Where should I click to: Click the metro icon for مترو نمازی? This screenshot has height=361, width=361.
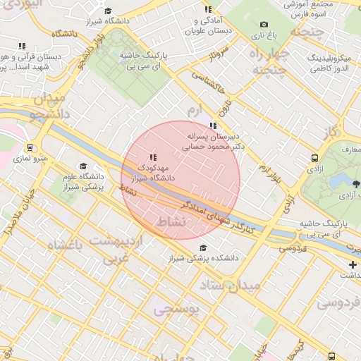click(30, 148)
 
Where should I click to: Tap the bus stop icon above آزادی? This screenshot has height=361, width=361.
click(314, 159)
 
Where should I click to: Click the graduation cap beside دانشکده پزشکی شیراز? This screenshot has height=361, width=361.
click(204, 247)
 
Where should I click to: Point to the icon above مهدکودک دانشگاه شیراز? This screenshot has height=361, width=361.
click(153, 157)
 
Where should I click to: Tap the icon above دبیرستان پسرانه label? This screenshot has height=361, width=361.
click(213, 126)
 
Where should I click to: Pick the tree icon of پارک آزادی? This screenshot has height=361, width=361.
click(356, 185)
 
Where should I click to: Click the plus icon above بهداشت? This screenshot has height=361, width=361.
click(353, 264)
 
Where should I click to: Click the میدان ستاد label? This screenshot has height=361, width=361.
click(231, 286)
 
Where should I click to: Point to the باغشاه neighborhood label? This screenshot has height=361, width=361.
click(65, 245)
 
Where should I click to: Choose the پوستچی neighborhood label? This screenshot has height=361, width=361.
click(177, 308)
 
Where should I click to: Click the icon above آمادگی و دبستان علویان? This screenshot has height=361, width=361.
click(208, 9)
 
